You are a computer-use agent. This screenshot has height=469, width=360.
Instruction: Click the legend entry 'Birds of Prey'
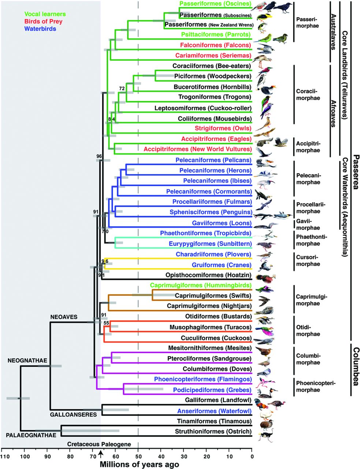click(x=43, y=22)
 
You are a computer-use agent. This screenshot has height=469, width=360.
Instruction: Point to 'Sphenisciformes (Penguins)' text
click(x=211, y=212)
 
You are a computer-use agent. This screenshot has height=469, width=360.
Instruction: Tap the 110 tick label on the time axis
click(x=4, y=457)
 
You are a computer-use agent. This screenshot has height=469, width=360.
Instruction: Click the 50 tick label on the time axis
click(x=138, y=457)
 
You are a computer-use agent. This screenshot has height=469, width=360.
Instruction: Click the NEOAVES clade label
click(x=64, y=317)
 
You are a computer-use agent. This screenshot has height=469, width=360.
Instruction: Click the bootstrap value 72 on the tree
click(x=122, y=89)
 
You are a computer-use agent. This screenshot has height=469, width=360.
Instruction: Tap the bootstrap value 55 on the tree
click(x=106, y=323)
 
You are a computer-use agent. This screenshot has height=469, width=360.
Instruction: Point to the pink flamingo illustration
click(x=266, y=383)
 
